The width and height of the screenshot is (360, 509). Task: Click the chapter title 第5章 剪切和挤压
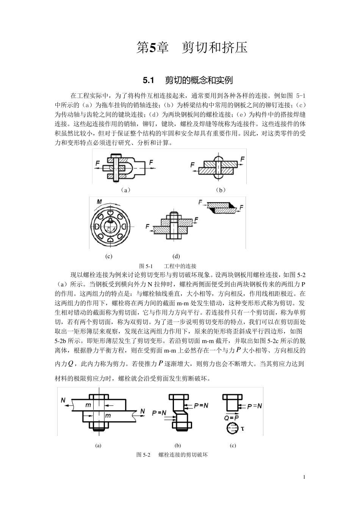tap(192, 48)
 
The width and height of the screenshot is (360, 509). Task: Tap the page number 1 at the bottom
tap(304, 477)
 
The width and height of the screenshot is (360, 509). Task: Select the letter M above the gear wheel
tap(99, 202)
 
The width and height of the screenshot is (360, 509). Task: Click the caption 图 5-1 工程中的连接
tap(168, 266)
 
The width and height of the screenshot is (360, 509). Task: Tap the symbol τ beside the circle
tap(242, 429)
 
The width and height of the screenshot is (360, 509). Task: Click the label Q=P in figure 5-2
tap(231, 417)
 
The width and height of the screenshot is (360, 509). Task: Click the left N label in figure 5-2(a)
tap(63, 400)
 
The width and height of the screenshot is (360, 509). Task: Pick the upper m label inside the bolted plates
tap(88, 406)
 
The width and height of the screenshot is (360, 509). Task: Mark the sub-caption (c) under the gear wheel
tap(109, 256)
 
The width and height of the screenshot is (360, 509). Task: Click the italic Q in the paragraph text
tap(70, 364)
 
